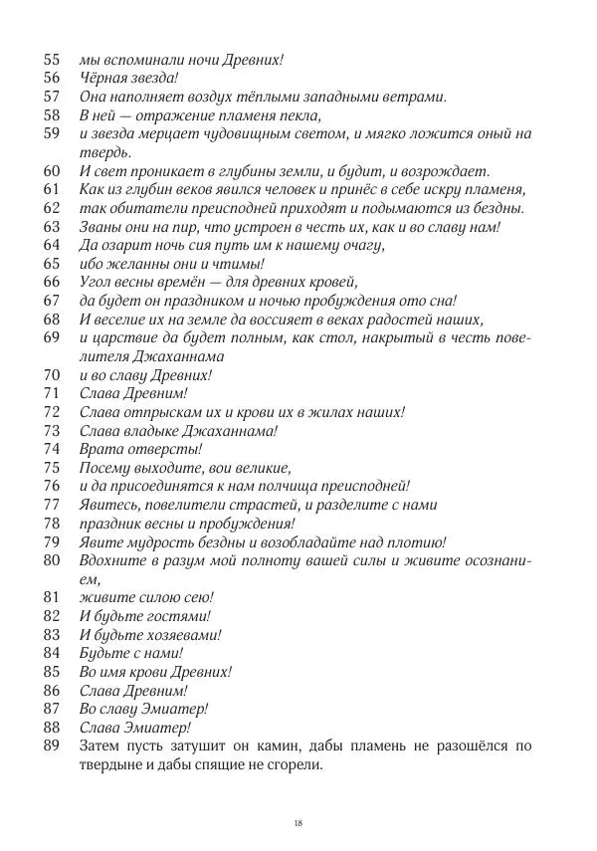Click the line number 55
pos(54,59)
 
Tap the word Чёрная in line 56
pos(103,78)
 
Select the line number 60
pos(54,171)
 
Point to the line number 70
pos(54,376)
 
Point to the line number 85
pos(54,672)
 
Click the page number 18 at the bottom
pos(298,822)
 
